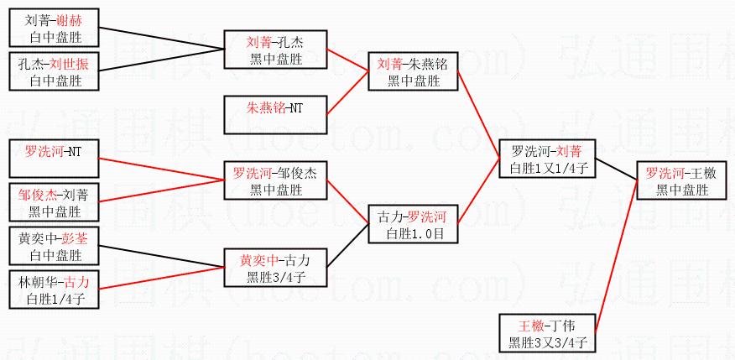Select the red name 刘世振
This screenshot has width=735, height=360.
click(66, 65)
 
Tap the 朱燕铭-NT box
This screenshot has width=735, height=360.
click(274, 108)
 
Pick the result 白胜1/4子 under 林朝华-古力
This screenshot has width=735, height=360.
click(55, 297)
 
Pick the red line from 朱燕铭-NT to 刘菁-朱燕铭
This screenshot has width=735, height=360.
click(348, 93)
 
